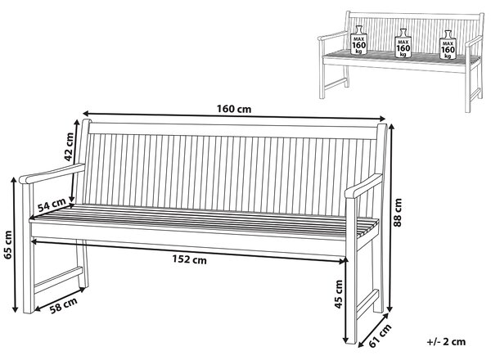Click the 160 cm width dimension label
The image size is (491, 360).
coord(234,109)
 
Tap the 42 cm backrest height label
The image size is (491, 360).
coord(69,146)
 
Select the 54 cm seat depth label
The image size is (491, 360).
coord(52,205)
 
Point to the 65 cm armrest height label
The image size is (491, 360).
coord(8,245)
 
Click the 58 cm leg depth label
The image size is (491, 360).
coord(64,305)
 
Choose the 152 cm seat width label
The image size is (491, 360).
coord(190,259)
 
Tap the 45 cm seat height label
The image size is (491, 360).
coord(339,294)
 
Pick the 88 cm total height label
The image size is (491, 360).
coord(398,212)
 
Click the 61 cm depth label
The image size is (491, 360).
coord(381,335)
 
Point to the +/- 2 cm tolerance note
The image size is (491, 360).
coord(446,341)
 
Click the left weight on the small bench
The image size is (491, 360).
coord(359,40)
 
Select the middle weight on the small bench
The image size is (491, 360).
coord(403,43)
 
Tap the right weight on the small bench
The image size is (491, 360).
coord(448,45)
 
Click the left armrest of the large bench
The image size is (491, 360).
coord(52,173)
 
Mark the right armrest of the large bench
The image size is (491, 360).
coord(363,186)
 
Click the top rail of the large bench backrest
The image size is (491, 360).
coord(233,131)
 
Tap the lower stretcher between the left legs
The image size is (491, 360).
coord(58,280)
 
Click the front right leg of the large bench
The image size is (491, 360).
coord(351,269)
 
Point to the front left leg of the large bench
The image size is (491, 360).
coord(28,247)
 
